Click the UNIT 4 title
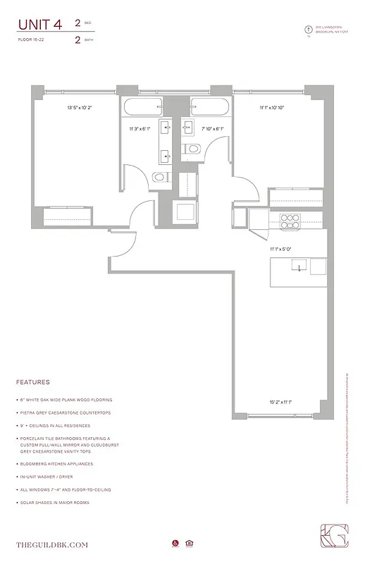tap(40, 25)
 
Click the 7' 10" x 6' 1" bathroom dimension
tap(212, 129)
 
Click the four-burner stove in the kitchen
tap(290, 218)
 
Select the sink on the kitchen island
tap(299, 267)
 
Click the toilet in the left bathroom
tap(160, 177)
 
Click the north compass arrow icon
tap(307, 30)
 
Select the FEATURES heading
tap(32, 382)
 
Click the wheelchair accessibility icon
tap(174, 543)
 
